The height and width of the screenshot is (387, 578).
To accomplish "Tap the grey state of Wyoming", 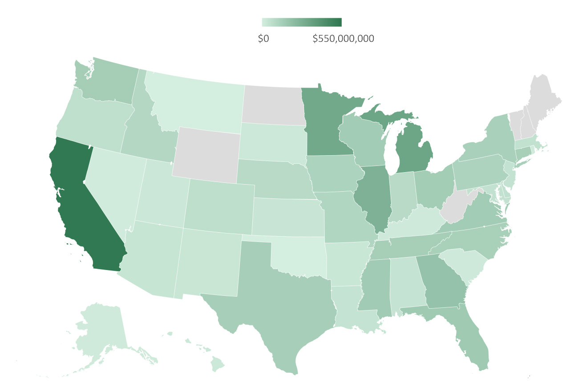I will click(207, 156).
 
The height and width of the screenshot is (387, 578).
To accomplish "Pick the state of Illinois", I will click(374, 198).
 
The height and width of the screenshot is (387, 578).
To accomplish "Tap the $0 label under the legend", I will click(263, 39).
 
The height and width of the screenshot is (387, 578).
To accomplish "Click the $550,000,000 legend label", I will click(343, 39).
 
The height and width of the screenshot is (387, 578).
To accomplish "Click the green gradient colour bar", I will click(302, 22).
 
